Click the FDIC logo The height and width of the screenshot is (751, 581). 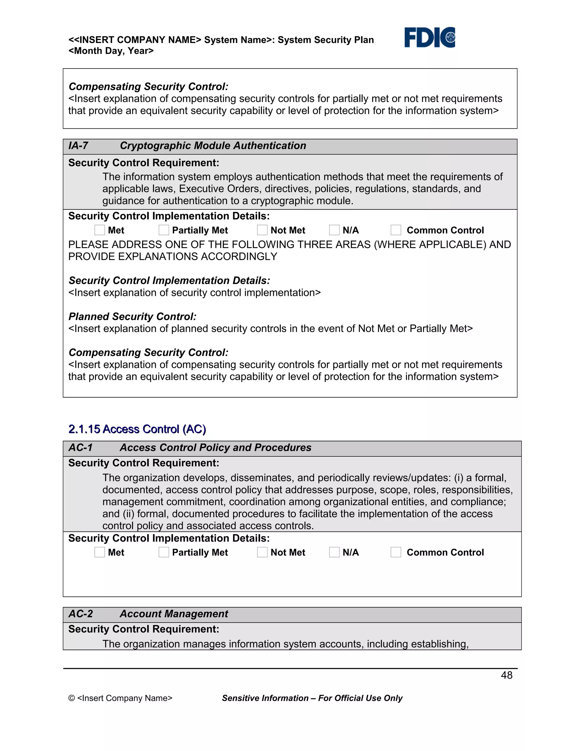[429, 37]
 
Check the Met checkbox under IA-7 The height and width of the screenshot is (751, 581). [100, 230]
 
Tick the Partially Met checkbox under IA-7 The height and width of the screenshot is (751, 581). [164, 230]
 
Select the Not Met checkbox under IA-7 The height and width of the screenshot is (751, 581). [262, 230]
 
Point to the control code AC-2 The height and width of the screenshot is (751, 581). [81, 614]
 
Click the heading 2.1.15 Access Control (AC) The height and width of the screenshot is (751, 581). [137, 429]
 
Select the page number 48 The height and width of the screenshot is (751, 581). [506, 675]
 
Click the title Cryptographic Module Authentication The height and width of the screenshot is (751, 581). [213, 145]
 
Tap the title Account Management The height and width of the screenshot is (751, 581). [174, 614]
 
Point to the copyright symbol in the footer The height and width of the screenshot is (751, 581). [71, 698]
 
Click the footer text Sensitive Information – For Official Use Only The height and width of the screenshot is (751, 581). [312, 698]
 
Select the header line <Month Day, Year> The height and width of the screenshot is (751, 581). [111, 51]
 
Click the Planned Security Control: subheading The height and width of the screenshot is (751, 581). [132, 316]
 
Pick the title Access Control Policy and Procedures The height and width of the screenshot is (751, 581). [216, 447]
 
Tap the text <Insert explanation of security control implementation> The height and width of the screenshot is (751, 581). [194, 293]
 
